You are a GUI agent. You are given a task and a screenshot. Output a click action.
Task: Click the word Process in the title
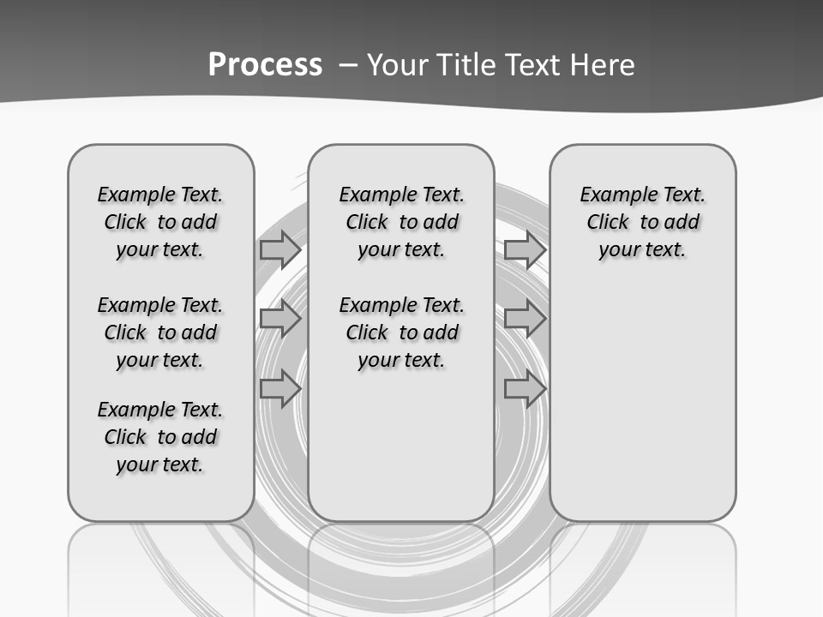click(x=265, y=65)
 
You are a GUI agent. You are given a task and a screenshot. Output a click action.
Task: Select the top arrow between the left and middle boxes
click(x=279, y=249)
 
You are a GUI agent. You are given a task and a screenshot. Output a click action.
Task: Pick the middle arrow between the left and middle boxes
click(x=279, y=319)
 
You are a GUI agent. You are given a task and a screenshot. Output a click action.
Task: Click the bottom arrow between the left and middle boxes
click(x=279, y=389)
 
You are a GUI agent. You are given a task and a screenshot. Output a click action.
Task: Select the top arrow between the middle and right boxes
click(x=525, y=249)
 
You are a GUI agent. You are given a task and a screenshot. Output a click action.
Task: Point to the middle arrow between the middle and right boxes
click(x=525, y=319)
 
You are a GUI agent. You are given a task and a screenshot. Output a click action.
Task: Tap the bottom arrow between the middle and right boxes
click(x=525, y=389)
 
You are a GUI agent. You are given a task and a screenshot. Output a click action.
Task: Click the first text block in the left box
click(x=160, y=222)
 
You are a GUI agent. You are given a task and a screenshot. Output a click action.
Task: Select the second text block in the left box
click(x=160, y=332)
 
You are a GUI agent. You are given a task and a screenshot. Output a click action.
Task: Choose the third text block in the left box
click(x=160, y=437)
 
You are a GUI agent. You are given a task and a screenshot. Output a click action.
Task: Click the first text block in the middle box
click(x=401, y=222)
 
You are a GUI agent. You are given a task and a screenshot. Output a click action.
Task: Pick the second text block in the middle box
click(x=401, y=332)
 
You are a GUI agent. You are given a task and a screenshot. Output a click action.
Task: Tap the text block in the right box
click(x=643, y=222)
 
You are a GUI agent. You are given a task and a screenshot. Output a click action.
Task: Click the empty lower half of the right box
click(x=643, y=411)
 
